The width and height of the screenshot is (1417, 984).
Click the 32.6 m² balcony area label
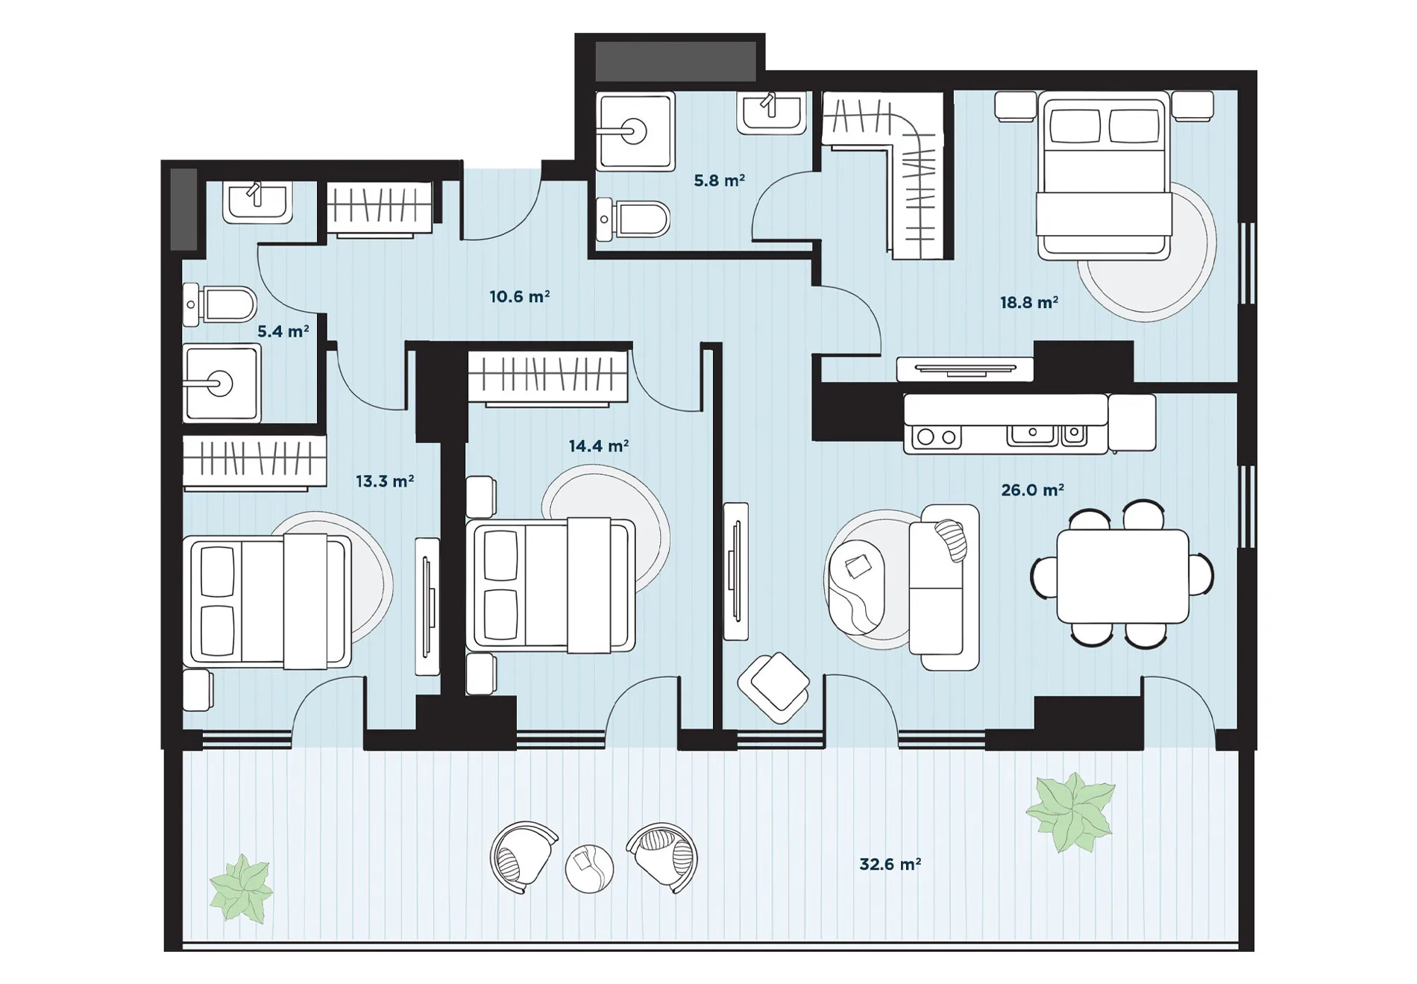pyautogui.click(x=890, y=864)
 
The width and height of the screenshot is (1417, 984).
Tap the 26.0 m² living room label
pyautogui.click(x=1032, y=489)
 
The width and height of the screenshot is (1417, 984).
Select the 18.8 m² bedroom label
pyautogui.click(x=1029, y=302)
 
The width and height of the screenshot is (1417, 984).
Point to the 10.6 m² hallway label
pyautogui.click(x=520, y=296)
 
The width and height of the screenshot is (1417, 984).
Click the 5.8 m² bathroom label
pyautogui.click(x=719, y=180)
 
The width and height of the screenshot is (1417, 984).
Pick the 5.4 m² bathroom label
pyautogui.click(x=283, y=331)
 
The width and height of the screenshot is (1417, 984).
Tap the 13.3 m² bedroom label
pyautogui.click(x=384, y=481)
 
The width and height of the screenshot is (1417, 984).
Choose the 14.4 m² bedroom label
pyautogui.click(x=598, y=446)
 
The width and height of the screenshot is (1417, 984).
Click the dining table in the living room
pyautogui.click(x=1122, y=576)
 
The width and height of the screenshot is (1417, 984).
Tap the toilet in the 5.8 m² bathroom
pyautogui.click(x=633, y=219)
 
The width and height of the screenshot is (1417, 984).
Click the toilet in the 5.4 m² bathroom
pyautogui.click(x=219, y=304)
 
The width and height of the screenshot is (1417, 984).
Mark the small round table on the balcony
pyautogui.click(x=589, y=868)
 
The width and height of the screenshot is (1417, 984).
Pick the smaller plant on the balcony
pyautogui.click(x=241, y=889)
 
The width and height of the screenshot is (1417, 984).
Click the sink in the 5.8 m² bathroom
pyautogui.click(x=772, y=113)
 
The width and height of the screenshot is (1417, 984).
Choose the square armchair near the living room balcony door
pyautogui.click(x=774, y=686)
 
